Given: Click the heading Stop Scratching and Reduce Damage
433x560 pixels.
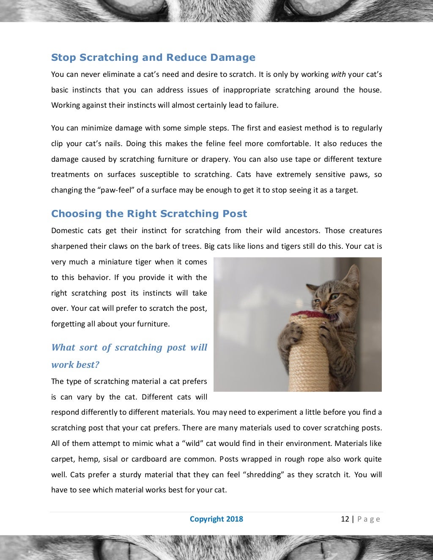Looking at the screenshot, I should (x=153, y=57).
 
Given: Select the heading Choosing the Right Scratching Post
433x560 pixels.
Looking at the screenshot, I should (x=149, y=214).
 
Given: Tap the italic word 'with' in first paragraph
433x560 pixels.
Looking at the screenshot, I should (x=338, y=74).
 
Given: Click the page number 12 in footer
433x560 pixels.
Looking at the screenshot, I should (x=345, y=519).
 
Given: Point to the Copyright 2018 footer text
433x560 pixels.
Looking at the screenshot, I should (x=216, y=519).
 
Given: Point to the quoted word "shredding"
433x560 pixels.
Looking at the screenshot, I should (x=263, y=475).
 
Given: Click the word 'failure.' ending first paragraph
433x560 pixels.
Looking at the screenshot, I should (x=266, y=106).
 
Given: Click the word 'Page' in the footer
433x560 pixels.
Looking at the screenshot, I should (x=369, y=519).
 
